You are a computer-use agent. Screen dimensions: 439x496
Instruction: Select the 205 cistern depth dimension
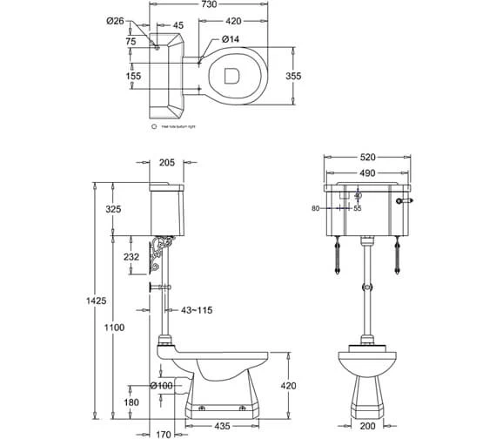click(168, 163)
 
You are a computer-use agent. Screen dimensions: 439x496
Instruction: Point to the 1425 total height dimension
click(97, 301)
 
